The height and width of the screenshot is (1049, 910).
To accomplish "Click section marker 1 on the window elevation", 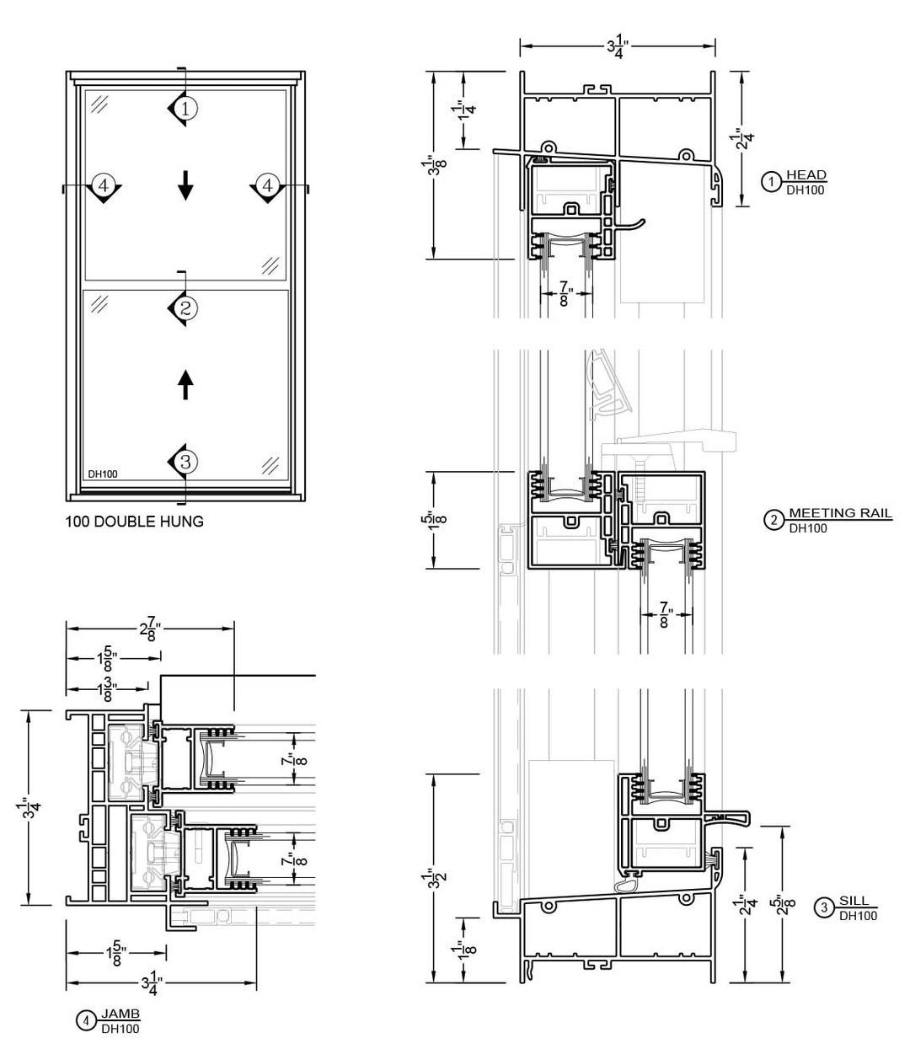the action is [185, 108].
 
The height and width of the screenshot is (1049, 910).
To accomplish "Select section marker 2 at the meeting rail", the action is [185, 308].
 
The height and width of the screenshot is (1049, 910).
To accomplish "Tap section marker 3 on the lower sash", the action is [185, 462].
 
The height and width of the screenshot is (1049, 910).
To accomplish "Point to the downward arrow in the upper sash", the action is [185, 185].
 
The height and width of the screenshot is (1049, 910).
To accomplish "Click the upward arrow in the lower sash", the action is [185, 385].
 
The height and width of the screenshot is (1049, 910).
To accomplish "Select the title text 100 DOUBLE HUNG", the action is [134, 522].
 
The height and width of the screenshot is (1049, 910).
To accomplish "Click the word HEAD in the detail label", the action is [806, 175].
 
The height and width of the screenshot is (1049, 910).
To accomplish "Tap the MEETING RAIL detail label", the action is [840, 513].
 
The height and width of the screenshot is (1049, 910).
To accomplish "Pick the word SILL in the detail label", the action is [854, 901].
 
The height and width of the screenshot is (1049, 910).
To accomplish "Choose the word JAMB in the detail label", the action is [120, 1014].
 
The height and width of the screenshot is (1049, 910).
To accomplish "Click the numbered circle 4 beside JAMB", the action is [86, 1021].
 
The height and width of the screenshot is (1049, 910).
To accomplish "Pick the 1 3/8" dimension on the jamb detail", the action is [108, 689].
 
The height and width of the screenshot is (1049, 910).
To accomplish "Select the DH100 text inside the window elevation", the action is [103, 474].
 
